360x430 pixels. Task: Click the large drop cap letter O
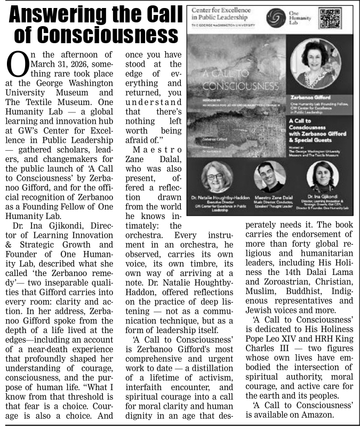16,66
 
